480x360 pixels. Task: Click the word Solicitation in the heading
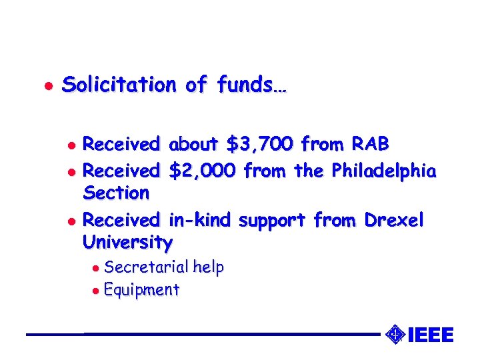(x=118, y=85)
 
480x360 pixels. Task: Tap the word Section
(x=116, y=193)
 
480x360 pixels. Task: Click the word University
(x=127, y=242)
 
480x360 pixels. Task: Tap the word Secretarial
(x=146, y=268)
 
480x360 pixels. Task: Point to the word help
(x=208, y=268)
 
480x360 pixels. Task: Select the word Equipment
(x=142, y=290)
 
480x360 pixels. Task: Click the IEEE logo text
(x=430, y=335)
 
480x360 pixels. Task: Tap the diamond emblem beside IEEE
(x=395, y=333)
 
